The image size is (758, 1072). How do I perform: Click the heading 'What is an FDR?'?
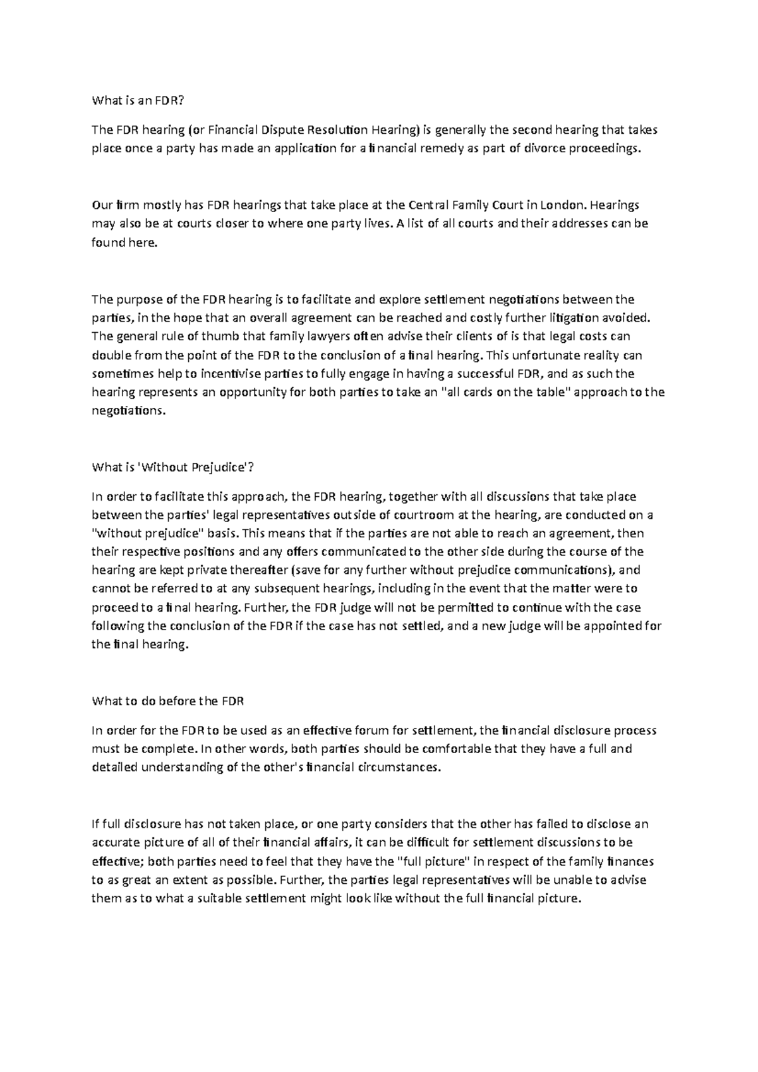140,100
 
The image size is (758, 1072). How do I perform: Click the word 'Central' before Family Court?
431,205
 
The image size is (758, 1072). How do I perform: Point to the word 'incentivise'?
232,373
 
